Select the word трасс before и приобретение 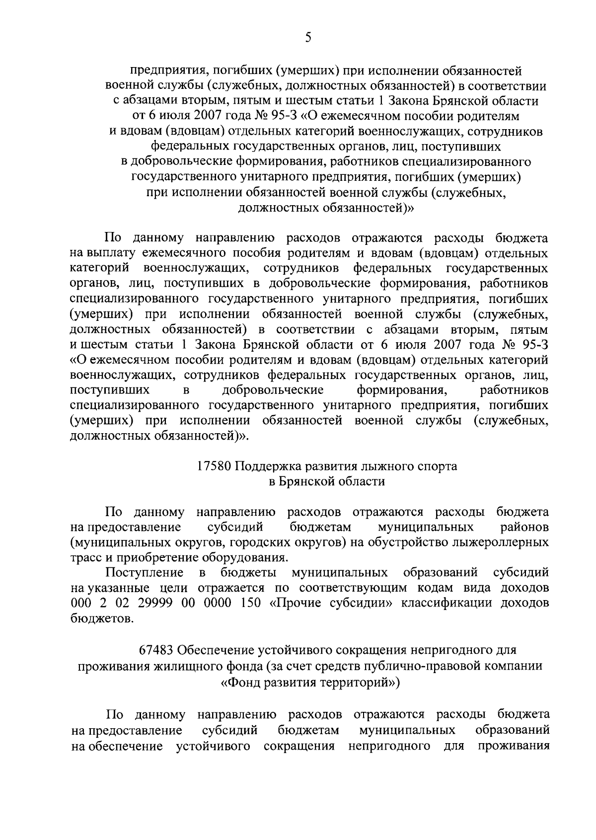coord(85,557)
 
